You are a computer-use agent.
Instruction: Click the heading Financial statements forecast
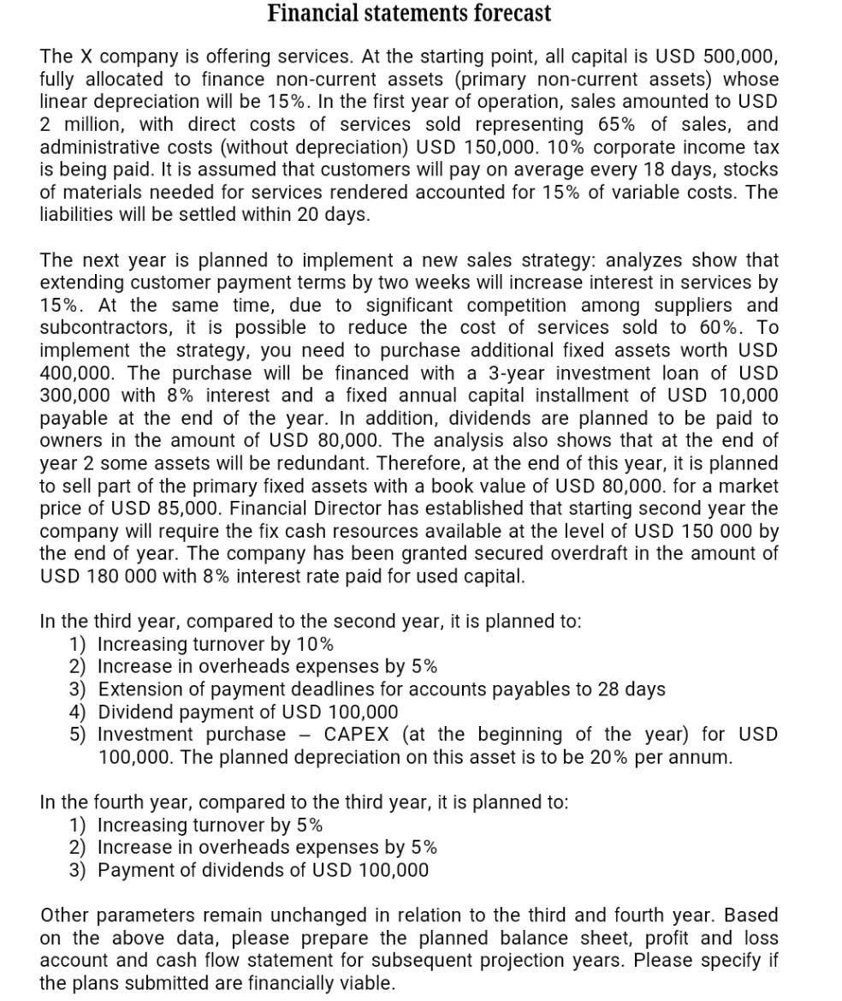coord(409,14)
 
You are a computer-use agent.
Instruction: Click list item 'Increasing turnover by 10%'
coord(216,644)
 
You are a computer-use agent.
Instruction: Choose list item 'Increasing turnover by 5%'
coord(210,825)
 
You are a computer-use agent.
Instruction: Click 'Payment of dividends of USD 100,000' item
coord(263,871)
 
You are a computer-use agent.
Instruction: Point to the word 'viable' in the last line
coord(363,983)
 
